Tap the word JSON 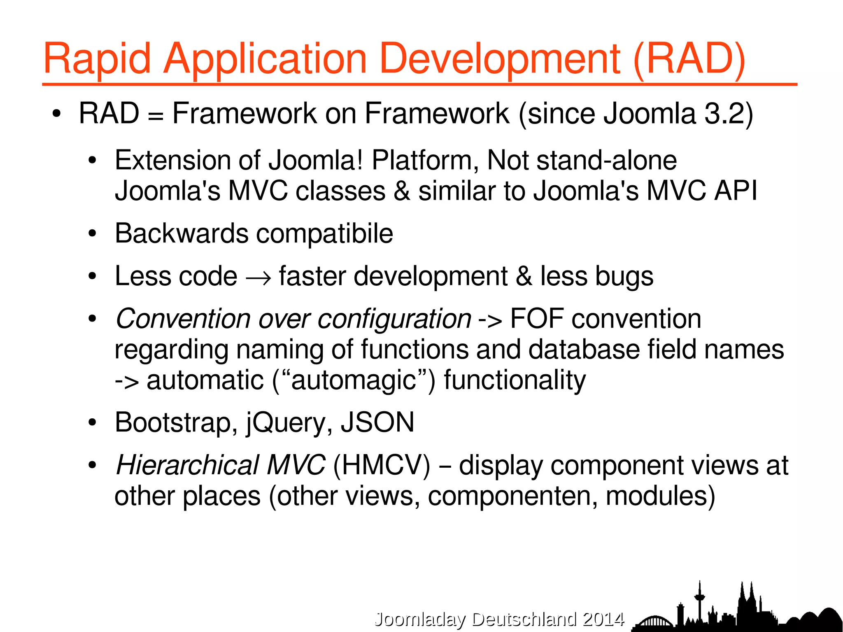point(377,423)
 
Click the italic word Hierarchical point(187,466)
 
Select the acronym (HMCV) point(382,466)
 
